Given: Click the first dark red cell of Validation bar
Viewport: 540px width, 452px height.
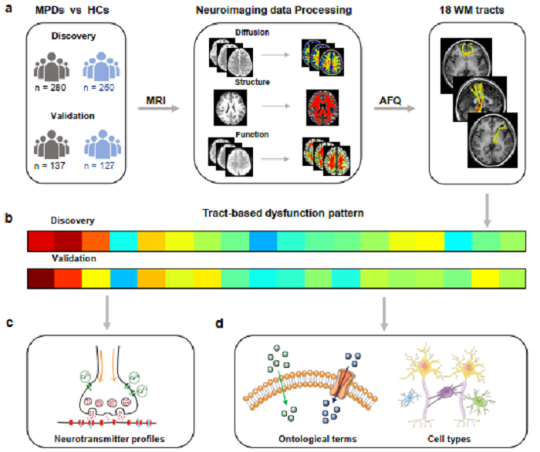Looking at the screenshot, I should [x=40, y=278].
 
